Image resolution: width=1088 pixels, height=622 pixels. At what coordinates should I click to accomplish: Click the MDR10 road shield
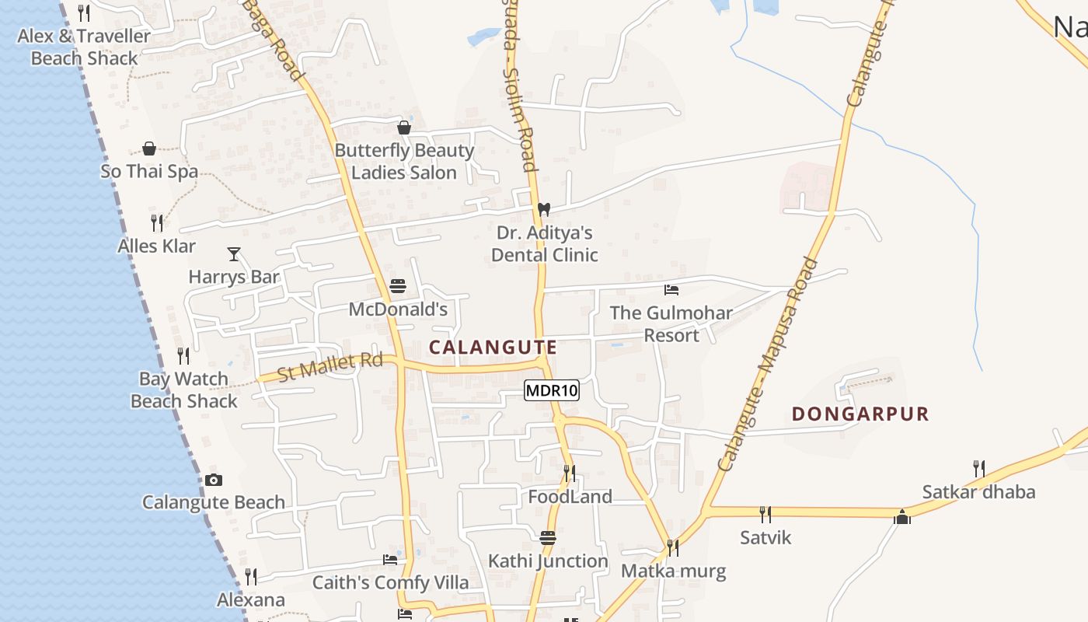[552, 390]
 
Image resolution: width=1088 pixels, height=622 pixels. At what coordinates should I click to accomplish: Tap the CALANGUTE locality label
[493, 348]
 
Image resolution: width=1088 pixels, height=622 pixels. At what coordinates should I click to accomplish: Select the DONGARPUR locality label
[860, 414]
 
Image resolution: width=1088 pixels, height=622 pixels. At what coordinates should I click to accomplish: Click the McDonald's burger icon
[398, 286]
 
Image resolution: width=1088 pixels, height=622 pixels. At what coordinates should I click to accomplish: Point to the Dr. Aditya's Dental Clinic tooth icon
[544, 209]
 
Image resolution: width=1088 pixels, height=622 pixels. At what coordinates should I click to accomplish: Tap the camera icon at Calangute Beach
[214, 480]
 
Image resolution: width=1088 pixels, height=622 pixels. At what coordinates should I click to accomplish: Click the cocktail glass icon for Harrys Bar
[233, 253]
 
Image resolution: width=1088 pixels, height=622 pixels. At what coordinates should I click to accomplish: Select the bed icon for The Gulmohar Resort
[671, 290]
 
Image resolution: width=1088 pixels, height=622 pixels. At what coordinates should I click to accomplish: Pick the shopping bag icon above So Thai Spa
[149, 148]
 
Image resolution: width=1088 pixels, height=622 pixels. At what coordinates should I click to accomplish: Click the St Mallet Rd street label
[330, 367]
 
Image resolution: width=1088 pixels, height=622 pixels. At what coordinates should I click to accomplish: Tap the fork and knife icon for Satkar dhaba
[979, 468]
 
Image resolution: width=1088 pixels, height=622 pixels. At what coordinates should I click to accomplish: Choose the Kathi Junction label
[548, 561]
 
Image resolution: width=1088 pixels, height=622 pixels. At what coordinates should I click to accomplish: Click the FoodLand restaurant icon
[570, 473]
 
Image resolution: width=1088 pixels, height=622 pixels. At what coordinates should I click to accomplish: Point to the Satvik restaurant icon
[765, 514]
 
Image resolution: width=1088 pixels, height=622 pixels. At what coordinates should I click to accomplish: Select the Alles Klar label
[157, 246]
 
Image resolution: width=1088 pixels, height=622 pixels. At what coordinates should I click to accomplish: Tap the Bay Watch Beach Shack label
[184, 390]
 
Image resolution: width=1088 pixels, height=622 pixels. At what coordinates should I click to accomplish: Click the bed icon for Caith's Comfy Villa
[390, 560]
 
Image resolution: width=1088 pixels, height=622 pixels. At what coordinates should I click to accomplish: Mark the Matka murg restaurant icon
[673, 548]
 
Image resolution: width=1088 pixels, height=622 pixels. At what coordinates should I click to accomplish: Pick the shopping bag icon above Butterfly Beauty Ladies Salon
[404, 128]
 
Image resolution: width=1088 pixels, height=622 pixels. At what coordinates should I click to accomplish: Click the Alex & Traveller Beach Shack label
[84, 47]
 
